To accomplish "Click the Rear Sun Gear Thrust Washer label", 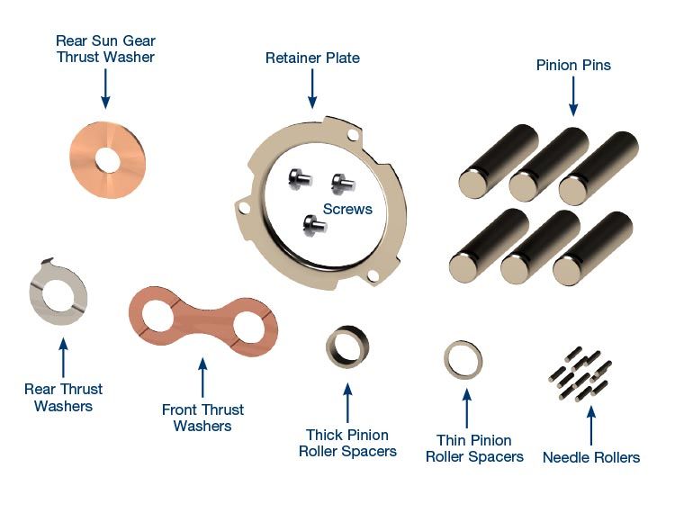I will pyautogui.click(x=105, y=49).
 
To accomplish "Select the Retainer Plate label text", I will pyautogui.click(x=312, y=58).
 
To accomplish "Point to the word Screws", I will pyautogui.click(x=347, y=209).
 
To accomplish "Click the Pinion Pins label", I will pyautogui.click(x=573, y=65).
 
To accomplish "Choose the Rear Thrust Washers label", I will pyautogui.click(x=63, y=397).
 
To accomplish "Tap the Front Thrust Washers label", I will pyautogui.click(x=202, y=418).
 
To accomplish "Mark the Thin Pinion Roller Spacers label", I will pyautogui.click(x=474, y=448).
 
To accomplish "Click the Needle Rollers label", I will pyautogui.click(x=591, y=457).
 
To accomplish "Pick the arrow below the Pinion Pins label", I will pyautogui.click(x=573, y=95).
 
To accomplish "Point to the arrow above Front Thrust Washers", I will pyautogui.click(x=202, y=378).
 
